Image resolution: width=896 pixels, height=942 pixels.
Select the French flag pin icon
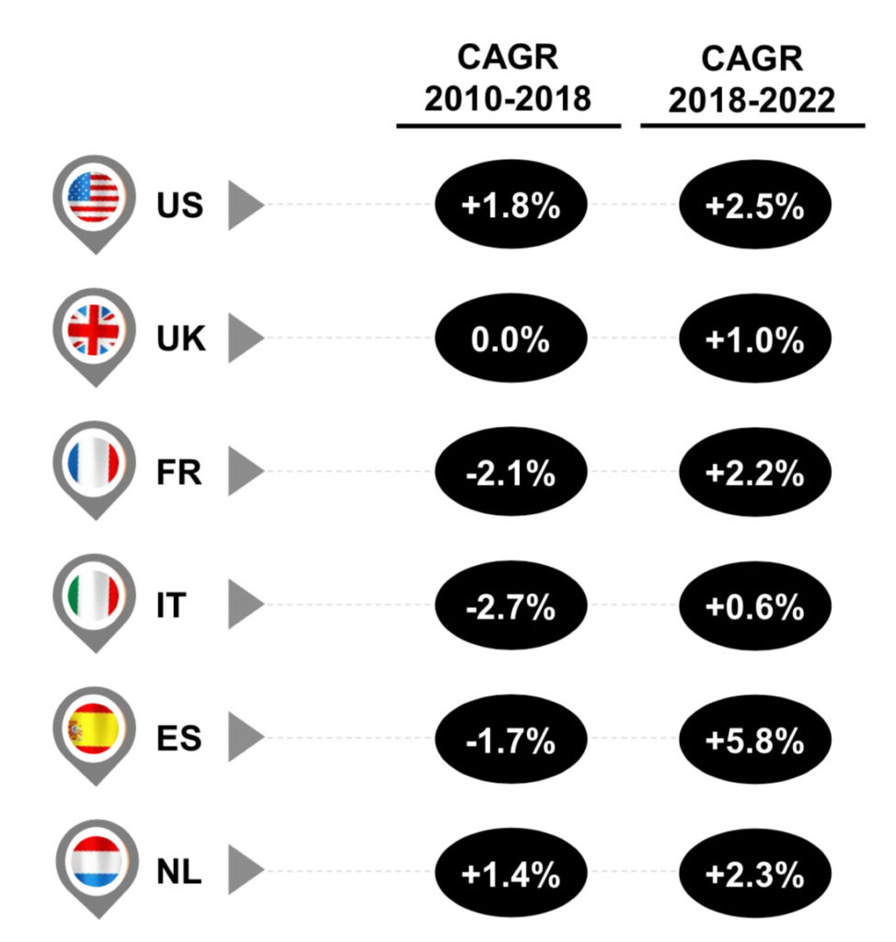pos(94,466)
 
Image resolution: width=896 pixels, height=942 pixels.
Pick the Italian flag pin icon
pos(94,600)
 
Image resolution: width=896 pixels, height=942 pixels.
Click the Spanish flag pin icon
pos(94,734)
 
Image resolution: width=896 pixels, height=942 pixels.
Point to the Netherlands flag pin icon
pos(94,867)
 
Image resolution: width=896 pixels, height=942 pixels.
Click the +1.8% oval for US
pos(511,206)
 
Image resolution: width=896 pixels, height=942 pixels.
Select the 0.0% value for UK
pos(511,339)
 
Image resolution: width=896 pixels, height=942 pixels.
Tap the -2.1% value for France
pos(511,474)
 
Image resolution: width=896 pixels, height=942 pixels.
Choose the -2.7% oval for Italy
pos(511,607)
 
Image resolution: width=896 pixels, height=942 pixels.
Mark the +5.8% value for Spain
pos(755,741)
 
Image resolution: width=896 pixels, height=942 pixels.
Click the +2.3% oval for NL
pos(755,874)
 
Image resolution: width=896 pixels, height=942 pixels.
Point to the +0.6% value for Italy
pos(755,607)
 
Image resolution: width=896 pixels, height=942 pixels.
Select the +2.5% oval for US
pos(755,206)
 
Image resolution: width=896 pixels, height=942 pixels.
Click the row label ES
pos(178,738)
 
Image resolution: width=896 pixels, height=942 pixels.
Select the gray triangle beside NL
pos(243,872)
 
